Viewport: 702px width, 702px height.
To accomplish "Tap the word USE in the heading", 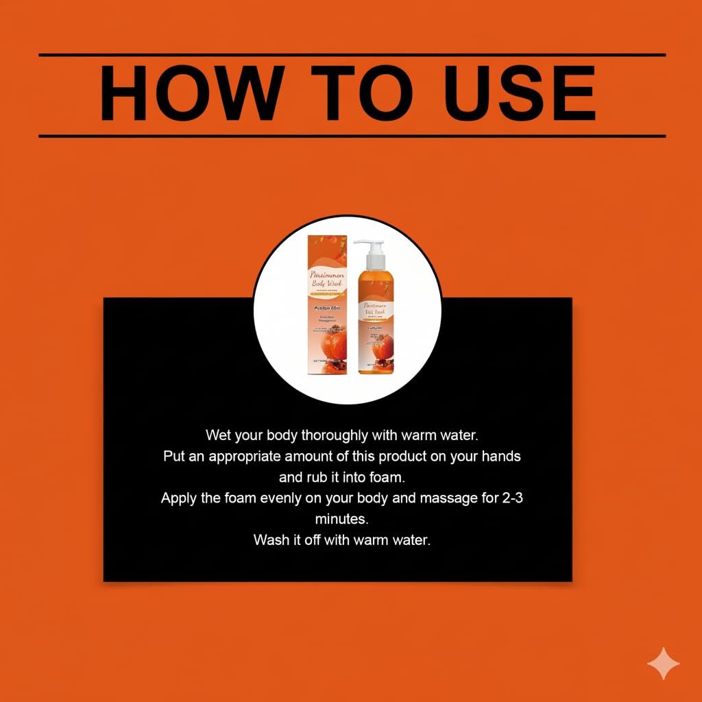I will click(x=505, y=95).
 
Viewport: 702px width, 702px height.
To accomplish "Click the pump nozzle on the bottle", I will click(x=363, y=245).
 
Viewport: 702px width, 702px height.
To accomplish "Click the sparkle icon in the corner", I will click(x=664, y=664).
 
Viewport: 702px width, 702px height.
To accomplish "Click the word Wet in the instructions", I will click(x=218, y=435).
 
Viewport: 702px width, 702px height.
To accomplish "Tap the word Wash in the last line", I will click(x=270, y=540).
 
